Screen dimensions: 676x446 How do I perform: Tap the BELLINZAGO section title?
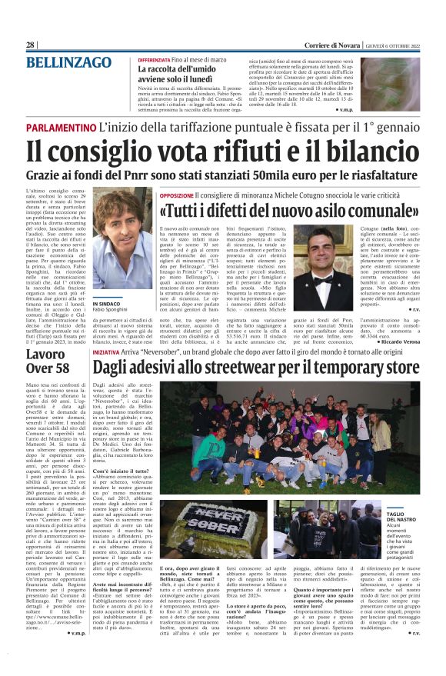tap(69, 63)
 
